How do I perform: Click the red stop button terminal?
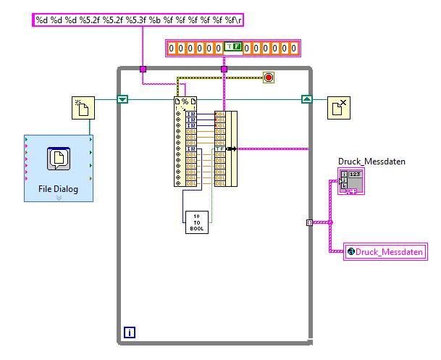point(269,77)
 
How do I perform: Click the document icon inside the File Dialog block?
point(58,159)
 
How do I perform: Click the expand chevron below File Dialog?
point(59,197)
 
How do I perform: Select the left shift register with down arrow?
point(122,99)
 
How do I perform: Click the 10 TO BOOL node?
point(196,221)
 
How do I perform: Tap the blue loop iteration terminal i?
point(130,332)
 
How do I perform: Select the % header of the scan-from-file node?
point(185,101)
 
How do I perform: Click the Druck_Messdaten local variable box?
point(385,251)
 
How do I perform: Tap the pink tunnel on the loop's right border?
point(310,222)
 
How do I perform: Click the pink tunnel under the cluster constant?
point(224,70)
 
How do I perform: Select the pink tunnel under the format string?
point(143,70)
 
